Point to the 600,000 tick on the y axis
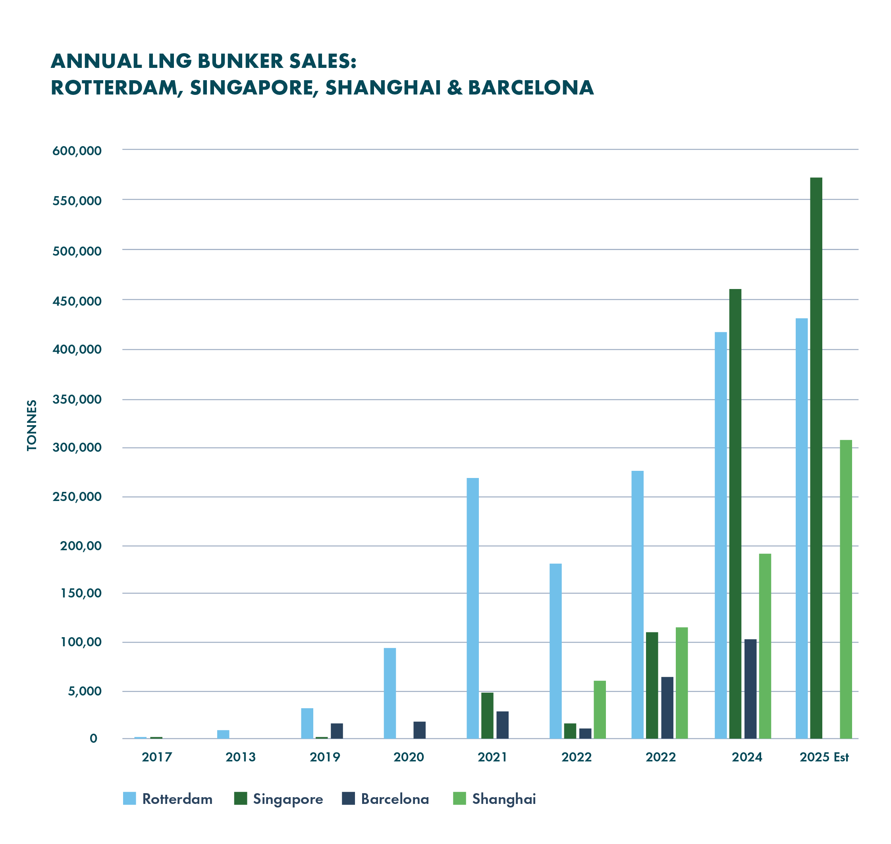tap(77, 151)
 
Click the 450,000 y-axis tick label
tap(77, 301)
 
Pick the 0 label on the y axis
tap(93, 738)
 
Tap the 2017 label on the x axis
tap(156, 757)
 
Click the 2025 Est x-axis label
tap(824, 757)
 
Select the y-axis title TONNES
tap(31, 425)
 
